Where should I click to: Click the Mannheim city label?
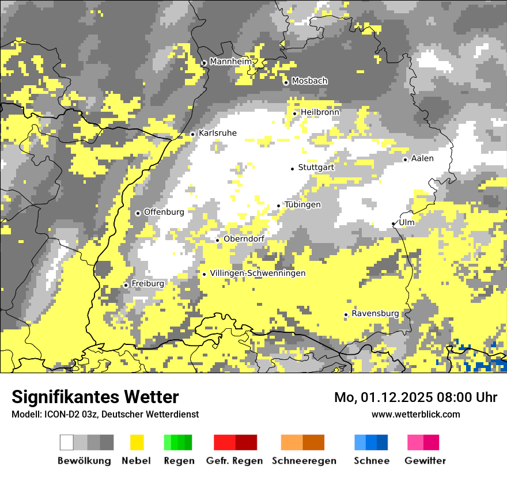click(231, 62)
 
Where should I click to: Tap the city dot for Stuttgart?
click(292, 168)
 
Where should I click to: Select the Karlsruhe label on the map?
click(217, 133)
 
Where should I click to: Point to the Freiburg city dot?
click(126, 285)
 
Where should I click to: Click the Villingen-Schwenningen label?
click(258, 273)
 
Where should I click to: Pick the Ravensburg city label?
click(375, 313)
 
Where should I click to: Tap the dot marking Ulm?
click(394, 223)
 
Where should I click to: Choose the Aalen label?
click(422, 158)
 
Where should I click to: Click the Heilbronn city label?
click(320, 112)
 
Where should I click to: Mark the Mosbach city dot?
click(286, 82)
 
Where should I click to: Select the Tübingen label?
click(302, 204)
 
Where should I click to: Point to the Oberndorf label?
click(244, 239)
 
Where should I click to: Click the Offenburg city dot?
click(138, 213)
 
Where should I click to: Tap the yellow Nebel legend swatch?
click(137, 442)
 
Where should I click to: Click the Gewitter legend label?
click(425, 461)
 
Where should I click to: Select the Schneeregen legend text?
click(304, 461)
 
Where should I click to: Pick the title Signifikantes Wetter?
click(95, 397)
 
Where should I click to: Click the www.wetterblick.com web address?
click(415, 414)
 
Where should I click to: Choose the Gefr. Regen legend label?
click(234, 461)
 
